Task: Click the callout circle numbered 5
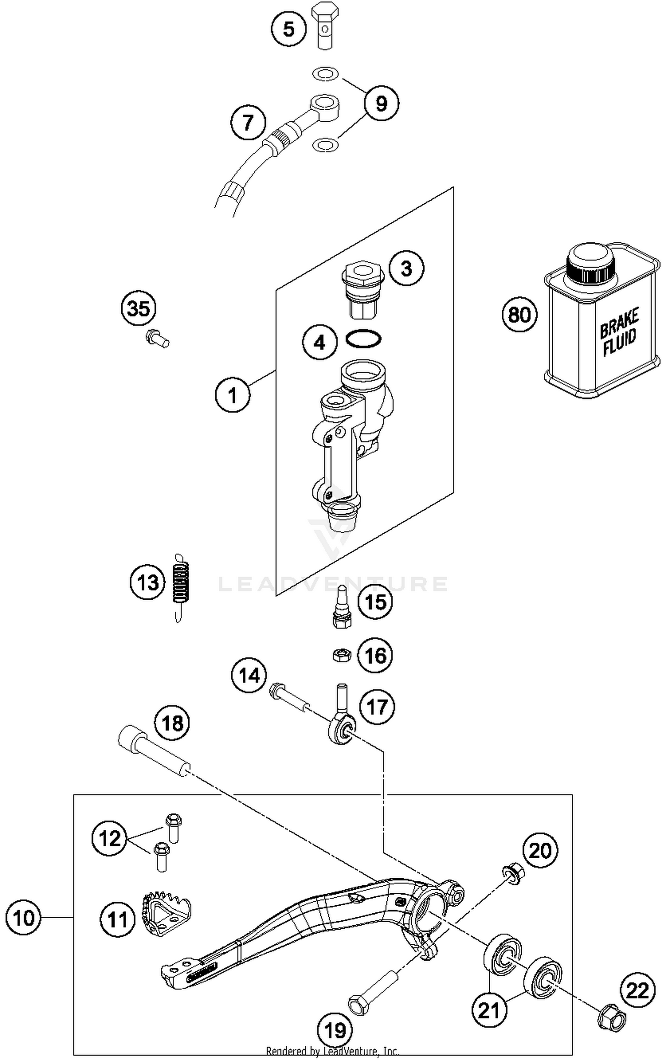click(289, 30)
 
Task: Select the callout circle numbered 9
click(381, 104)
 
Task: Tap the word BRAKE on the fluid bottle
click(619, 319)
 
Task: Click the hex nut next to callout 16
click(342, 655)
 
